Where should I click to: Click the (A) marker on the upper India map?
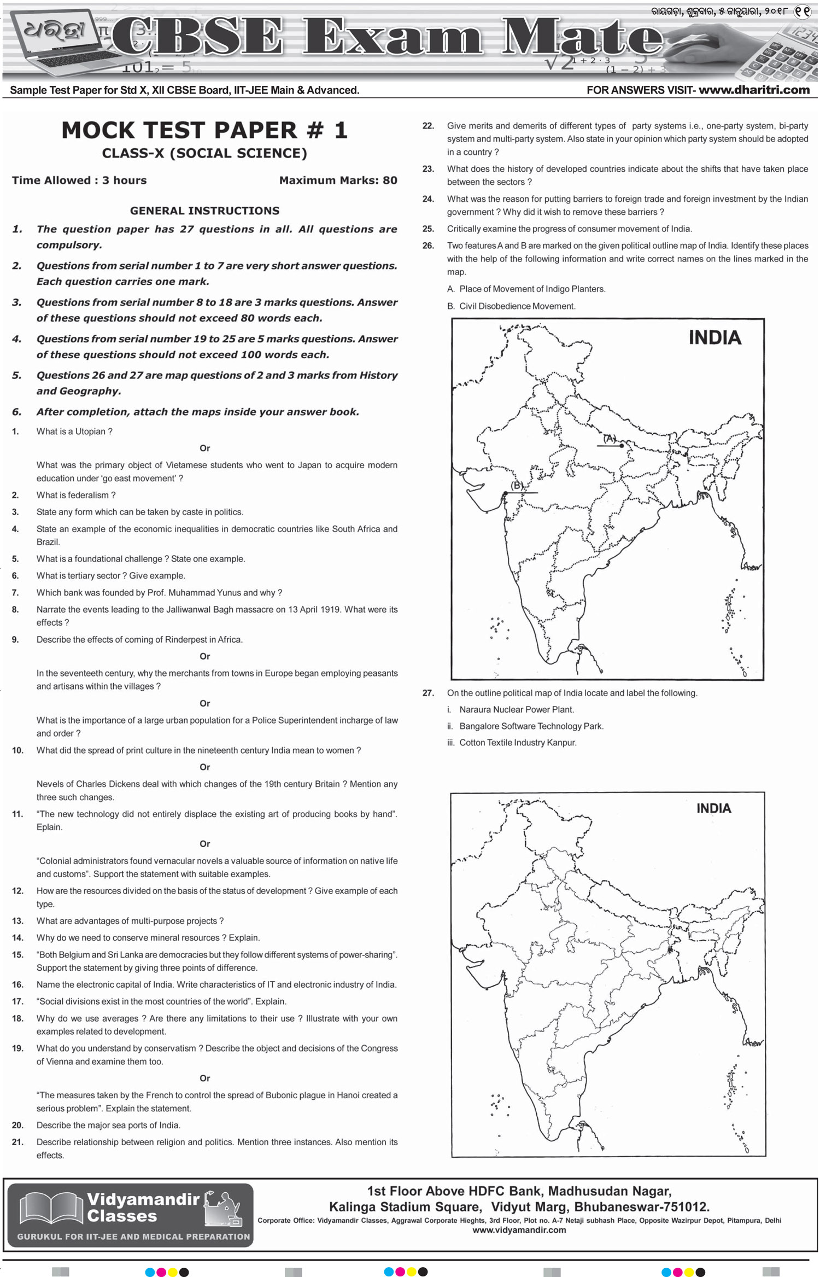click(x=610, y=439)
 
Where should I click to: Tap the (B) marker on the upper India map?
click(x=517, y=486)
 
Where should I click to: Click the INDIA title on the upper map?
click(x=714, y=337)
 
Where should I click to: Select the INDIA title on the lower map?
click(x=713, y=808)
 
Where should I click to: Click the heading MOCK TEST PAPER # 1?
click(x=204, y=130)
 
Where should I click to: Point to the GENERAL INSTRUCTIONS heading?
click(x=204, y=211)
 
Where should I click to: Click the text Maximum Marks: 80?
click(x=338, y=180)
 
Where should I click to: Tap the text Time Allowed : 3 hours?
click(x=79, y=180)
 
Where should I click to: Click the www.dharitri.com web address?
click(x=754, y=90)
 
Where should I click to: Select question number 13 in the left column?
click(x=17, y=921)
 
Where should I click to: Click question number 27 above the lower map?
click(x=428, y=693)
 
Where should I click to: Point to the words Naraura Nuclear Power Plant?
click(x=517, y=709)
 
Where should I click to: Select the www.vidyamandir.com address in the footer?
click(x=519, y=1230)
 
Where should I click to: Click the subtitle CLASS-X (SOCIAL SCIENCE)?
click(x=204, y=153)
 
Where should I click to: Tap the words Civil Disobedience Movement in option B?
click(x=517, y=306)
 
